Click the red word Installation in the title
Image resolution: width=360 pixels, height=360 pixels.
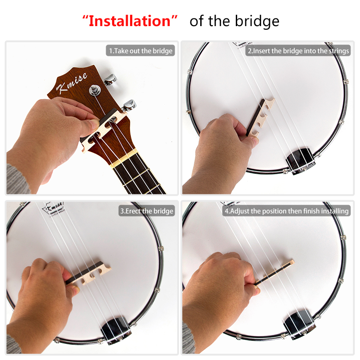(130, 21)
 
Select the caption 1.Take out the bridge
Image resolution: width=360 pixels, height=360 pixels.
(140, 51)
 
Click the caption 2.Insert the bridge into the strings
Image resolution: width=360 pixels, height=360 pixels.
(298, 51)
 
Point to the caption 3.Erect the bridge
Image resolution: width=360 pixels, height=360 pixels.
(147, 211)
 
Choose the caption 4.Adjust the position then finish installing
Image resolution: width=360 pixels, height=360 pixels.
(287, 211)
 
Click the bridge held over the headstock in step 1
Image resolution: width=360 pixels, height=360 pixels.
(103, 130)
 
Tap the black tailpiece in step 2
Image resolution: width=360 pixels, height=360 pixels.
(300, 161)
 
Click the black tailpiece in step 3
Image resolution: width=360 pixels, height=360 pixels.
(116, 330)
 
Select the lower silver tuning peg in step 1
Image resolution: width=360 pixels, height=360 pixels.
(129, 106)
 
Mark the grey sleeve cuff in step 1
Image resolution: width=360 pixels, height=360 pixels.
(17, 179)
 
